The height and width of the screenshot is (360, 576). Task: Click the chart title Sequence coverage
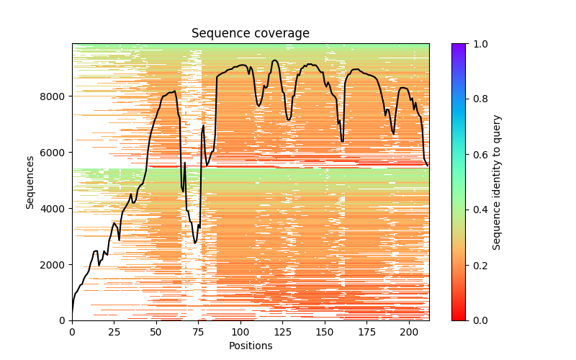[x=250, y=33]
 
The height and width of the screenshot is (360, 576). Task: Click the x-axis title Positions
[x=250, y=346]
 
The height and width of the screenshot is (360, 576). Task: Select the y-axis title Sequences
[x=30, y=181]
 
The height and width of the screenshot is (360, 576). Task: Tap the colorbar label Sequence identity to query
[x=497, y=181]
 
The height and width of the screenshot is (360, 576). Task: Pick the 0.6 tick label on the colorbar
[x=477, y=154]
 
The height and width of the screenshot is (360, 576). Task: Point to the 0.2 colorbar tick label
[x=477, y=265]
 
